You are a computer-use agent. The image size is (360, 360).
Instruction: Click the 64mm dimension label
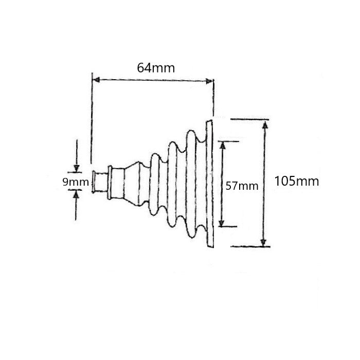click(x=156, y=68)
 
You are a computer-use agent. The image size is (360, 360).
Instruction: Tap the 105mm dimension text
click(x=297, y=181)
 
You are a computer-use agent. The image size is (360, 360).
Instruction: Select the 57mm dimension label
click(x=242, y=186)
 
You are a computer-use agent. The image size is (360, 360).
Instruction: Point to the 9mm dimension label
click(x=76, y=182)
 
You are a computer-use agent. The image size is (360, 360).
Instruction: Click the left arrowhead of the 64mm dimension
click(x=96, y=80)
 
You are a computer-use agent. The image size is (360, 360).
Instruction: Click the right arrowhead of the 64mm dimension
click(x=209, y=81)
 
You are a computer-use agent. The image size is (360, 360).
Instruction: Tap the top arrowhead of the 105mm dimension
click(x=265, y=124)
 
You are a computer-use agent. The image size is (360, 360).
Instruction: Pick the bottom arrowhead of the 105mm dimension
click(x=263, y=242)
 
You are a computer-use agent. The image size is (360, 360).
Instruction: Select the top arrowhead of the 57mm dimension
click(x=222, y=146)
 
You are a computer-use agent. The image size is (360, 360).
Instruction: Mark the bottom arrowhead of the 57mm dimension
click(x=221, y=223)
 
